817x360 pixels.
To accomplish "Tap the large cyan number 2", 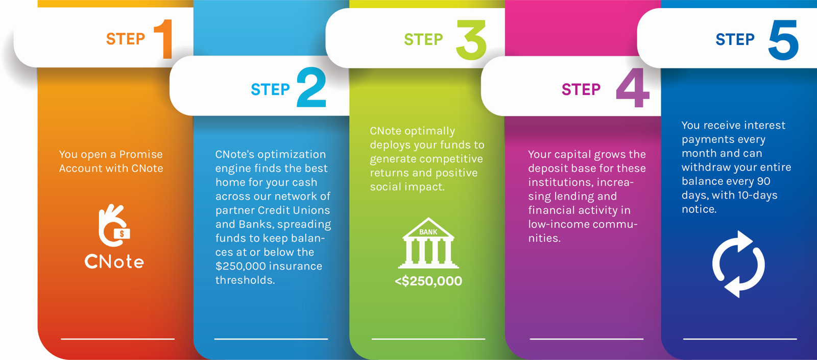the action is tap(311, 87).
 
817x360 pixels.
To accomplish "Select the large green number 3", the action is tap(471, 40).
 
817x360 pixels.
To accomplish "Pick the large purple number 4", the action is tap(633, 88).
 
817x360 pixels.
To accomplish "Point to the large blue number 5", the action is tap(783, 40).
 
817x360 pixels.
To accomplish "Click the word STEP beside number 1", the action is tap(126, 39).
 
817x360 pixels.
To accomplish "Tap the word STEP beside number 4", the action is tap(581, 89).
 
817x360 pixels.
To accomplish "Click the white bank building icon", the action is tap(428, 243).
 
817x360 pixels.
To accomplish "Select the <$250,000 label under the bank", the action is tap(428, 281).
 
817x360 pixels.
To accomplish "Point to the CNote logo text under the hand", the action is tap(114, 261).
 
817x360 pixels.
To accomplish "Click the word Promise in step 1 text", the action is tap(141, 154).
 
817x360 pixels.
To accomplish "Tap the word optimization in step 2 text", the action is tap(292, 155).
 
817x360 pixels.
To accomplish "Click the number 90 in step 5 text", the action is tap(763, 181).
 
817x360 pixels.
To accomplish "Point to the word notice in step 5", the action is tap(699, 209).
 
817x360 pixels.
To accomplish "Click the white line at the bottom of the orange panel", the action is tap(118, 339).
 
